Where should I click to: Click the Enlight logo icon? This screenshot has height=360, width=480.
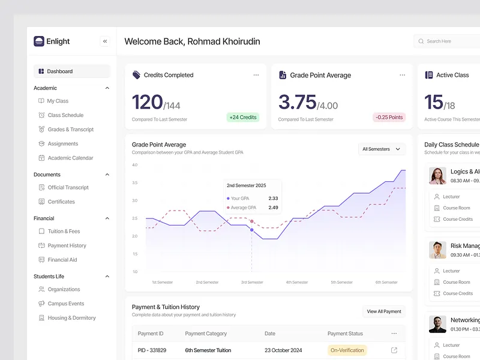(39, 41)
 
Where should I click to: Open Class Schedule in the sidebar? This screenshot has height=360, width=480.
(65, 115)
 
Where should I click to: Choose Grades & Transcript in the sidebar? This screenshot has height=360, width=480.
(70, 130)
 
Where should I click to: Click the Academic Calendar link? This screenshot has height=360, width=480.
(70, 158)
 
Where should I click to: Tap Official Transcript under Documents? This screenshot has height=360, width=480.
(68, 187)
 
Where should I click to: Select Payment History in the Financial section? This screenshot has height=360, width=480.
(67, 245)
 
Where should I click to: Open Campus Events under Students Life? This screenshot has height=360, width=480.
(65, 304)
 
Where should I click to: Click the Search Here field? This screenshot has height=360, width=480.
(447, 41)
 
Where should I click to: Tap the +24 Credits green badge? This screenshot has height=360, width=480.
(242, 117)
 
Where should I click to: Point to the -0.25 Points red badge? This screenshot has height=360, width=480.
(389, 117)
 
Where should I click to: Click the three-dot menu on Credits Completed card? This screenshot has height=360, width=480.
(256, 75)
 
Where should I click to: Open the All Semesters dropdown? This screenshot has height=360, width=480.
(382, 149)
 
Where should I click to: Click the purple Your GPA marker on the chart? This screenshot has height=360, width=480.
(251, 230)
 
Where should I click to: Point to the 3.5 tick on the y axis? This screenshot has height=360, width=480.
(135, 182)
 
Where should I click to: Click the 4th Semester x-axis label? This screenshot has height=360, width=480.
(296, 282)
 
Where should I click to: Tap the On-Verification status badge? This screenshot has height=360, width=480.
(347, 350)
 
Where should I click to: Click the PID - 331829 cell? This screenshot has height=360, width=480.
(152, 350)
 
